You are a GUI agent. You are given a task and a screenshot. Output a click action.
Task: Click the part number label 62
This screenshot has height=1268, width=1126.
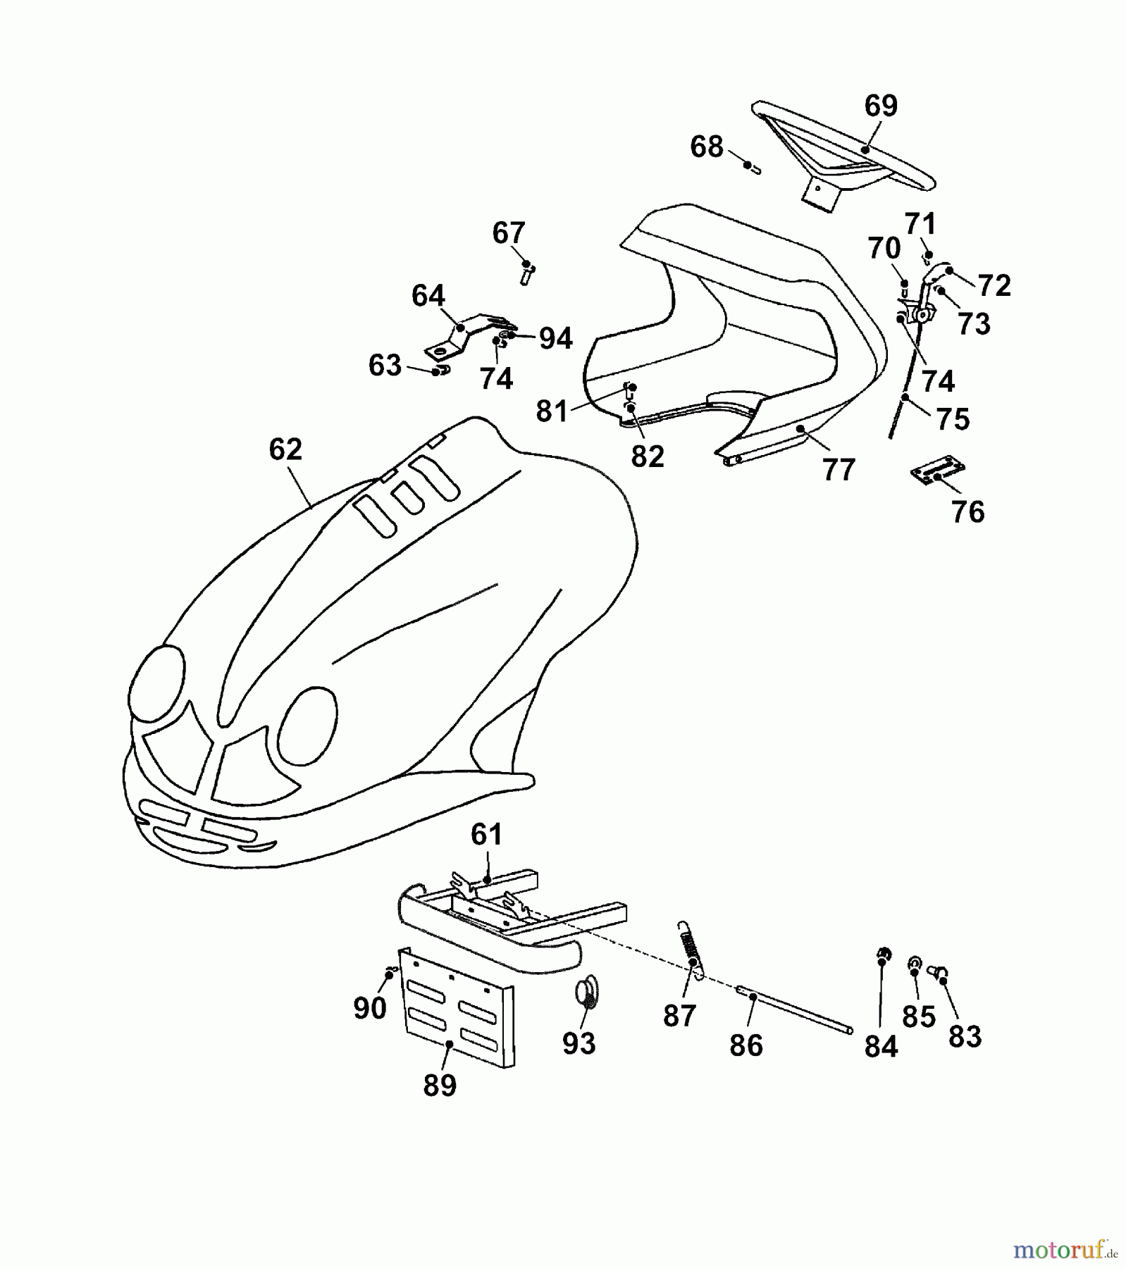coord(285,449)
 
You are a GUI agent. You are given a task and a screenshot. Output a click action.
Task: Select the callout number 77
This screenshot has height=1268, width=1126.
coord(839,469)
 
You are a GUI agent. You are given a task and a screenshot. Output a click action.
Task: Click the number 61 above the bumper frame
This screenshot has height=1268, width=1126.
coord(486,835)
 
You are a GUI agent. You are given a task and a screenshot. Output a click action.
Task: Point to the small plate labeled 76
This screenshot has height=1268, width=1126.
coord(937,469)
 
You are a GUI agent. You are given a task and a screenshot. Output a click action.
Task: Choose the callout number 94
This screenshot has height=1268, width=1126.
coord(556,339)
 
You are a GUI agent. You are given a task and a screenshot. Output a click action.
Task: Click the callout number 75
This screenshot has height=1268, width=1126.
coord(953,419)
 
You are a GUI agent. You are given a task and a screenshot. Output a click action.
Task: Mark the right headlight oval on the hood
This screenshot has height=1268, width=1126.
coord(307,728)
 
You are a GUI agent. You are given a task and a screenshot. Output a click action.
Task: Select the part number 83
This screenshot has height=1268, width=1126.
coord(965,1036)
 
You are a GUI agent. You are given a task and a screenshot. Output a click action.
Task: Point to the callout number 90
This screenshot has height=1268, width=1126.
coord(370,1008)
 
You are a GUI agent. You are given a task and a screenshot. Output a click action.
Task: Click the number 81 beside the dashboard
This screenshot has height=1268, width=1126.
coord(552,411)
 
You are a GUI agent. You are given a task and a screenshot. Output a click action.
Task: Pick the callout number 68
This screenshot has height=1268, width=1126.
coord(707,147)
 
